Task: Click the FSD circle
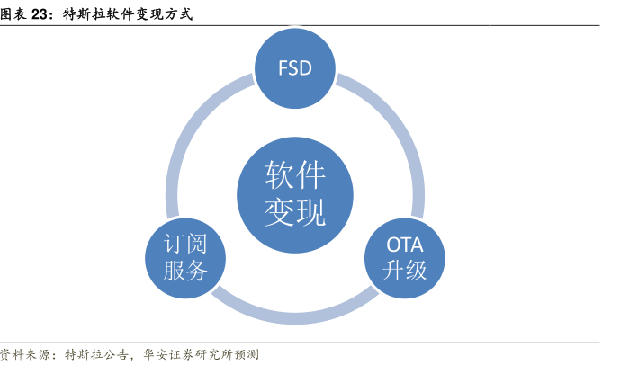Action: pyautogui.click(x=295, y=68)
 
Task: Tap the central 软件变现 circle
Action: pyautogui.click(x=295, y=194)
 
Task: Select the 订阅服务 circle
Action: pyautogui.click(x=185, y=258)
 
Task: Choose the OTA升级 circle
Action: pyautogui.click(x=405, y=258)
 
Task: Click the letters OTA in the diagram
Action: pyautogui.click(x=405, y=245)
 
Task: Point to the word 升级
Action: pyautogui.click(x=404, y=271)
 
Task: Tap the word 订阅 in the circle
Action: pyautogui.click(x=185, y=244)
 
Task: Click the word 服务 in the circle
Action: pyautogui.click(x=185, y=271)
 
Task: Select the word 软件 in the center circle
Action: pyautogui.click(x=295, y=174)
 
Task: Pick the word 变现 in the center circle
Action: pyautogui.click(x=295, y=212)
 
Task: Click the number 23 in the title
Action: pyautogui.click(x=40, y=14)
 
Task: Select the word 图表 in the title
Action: pyautogui.click(x=13, y=14)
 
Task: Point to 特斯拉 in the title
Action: pyautogui.click(x=84, y=14)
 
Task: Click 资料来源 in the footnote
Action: pyautogui.click(x=24, y=354)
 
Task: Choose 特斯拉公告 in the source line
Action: pyautogui.click(x=97, y=354)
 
